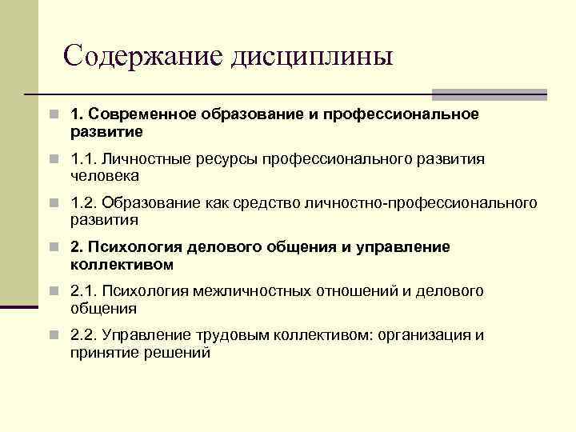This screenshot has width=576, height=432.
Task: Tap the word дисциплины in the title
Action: click(312, 57)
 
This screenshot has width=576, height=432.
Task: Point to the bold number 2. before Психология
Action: click(76, 247)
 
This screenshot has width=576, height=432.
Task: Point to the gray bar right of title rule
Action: click(490, 94)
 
